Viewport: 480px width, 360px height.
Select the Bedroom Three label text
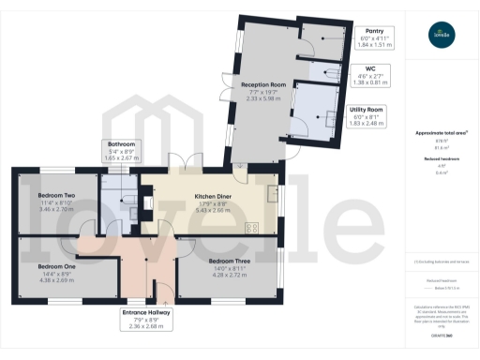[x=229, y=260]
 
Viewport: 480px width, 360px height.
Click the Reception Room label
[x=262, y=85]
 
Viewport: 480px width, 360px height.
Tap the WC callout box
[x=377, y=74]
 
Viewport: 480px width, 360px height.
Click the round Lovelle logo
[x=439, y=37]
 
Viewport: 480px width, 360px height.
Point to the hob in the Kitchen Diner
[x=251, y=226]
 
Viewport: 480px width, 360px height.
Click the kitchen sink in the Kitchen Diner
[x=272, y=194]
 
